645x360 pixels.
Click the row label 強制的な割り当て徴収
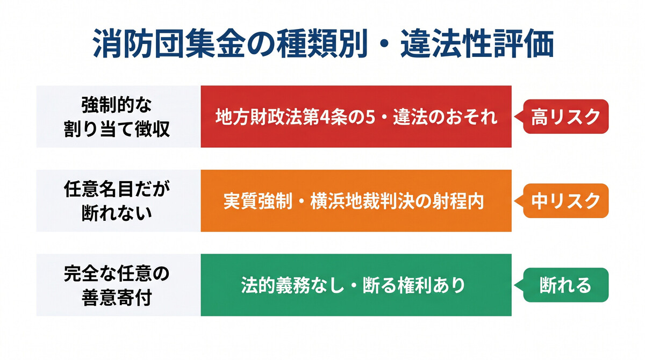coord(118,117)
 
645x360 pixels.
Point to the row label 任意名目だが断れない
coord(118,201)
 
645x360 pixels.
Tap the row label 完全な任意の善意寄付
coord(118,285)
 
